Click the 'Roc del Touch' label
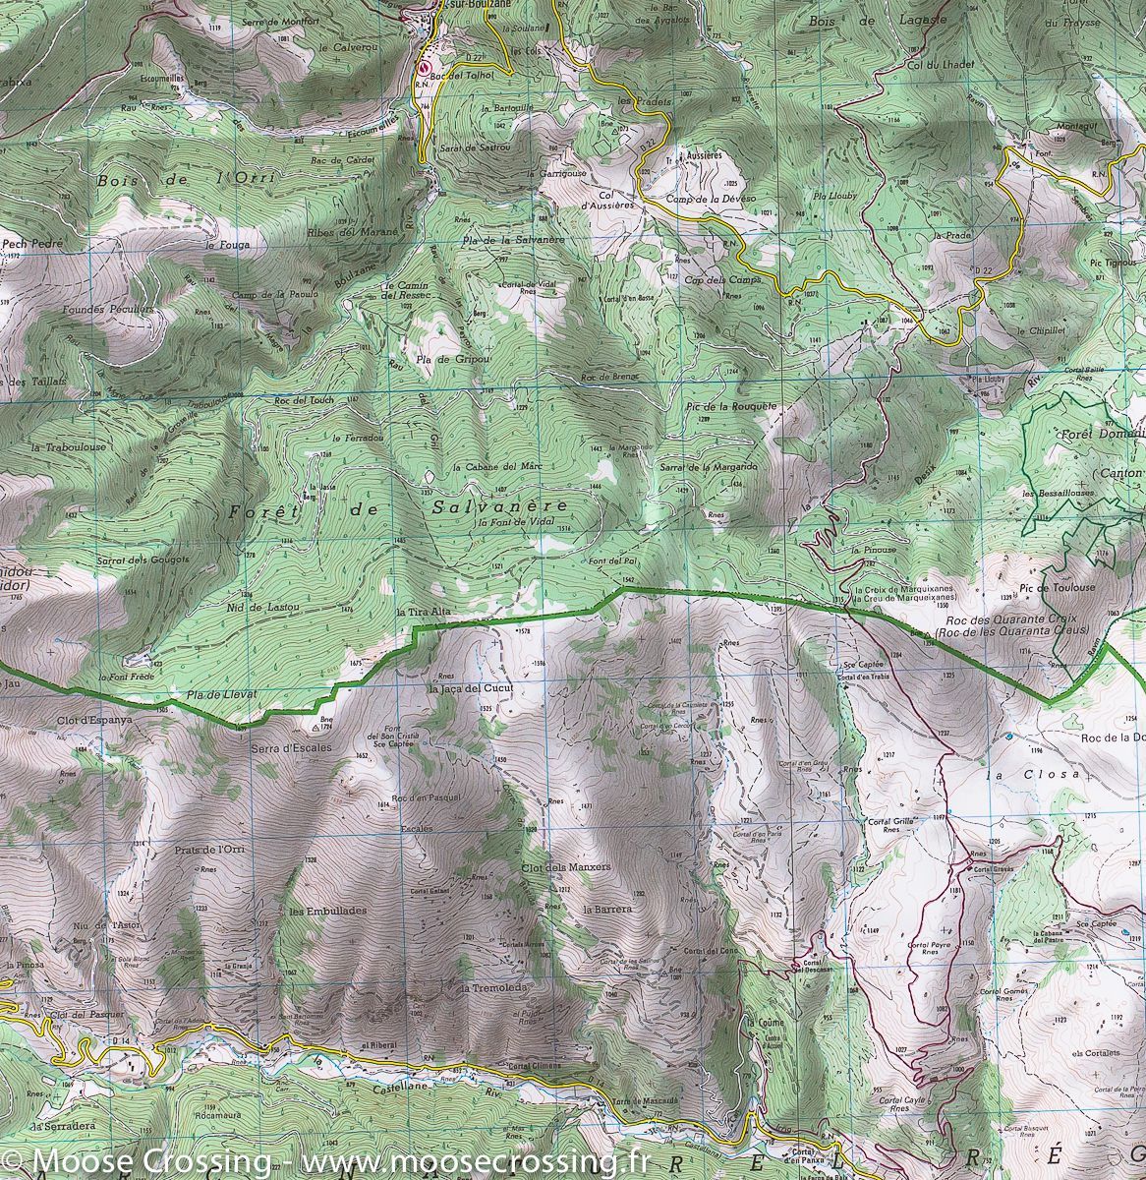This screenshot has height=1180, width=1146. (x=305, y=400)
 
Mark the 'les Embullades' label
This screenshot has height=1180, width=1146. (x=328, y=911)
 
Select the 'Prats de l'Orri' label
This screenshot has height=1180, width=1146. (x=208, y=850)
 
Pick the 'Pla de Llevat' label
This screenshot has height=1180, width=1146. (x=221, y=694)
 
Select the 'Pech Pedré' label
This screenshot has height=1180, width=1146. (x=32, y=242)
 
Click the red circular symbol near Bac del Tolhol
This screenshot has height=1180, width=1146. (x=425, y=68)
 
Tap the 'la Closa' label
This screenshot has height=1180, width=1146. (x=1034, y=774)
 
